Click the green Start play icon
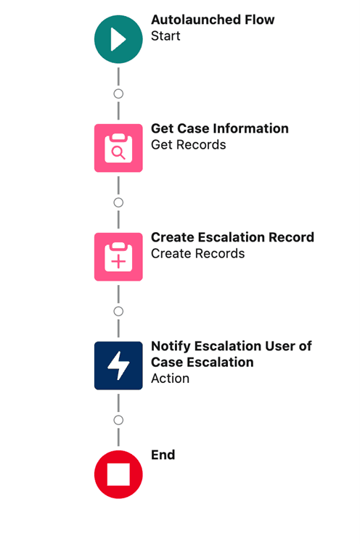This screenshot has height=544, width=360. coord(118,39)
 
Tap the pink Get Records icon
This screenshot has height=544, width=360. coord(118,148)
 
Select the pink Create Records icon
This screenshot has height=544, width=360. coord(118,257)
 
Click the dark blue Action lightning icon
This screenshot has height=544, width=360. coord(118,366)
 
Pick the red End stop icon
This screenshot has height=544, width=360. coord(118,474)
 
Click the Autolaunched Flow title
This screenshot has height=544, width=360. coord(213,20)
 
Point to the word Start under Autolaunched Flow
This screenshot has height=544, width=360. coord(165,36)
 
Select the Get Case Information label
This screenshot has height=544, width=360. coord(219,128)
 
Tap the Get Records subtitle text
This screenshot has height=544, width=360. coord(188,144)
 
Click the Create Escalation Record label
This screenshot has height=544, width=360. coord(232,237)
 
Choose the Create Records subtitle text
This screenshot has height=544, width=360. coord(197,253)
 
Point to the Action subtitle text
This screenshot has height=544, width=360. coord(170,378)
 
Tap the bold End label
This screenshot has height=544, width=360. coord(163,455)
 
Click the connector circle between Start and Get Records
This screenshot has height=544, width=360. coord(118,94)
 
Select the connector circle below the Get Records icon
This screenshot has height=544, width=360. coord(118,202)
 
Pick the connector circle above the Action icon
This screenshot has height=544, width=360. coord(118,311)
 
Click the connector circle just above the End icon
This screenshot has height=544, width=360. coord(118,420)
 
